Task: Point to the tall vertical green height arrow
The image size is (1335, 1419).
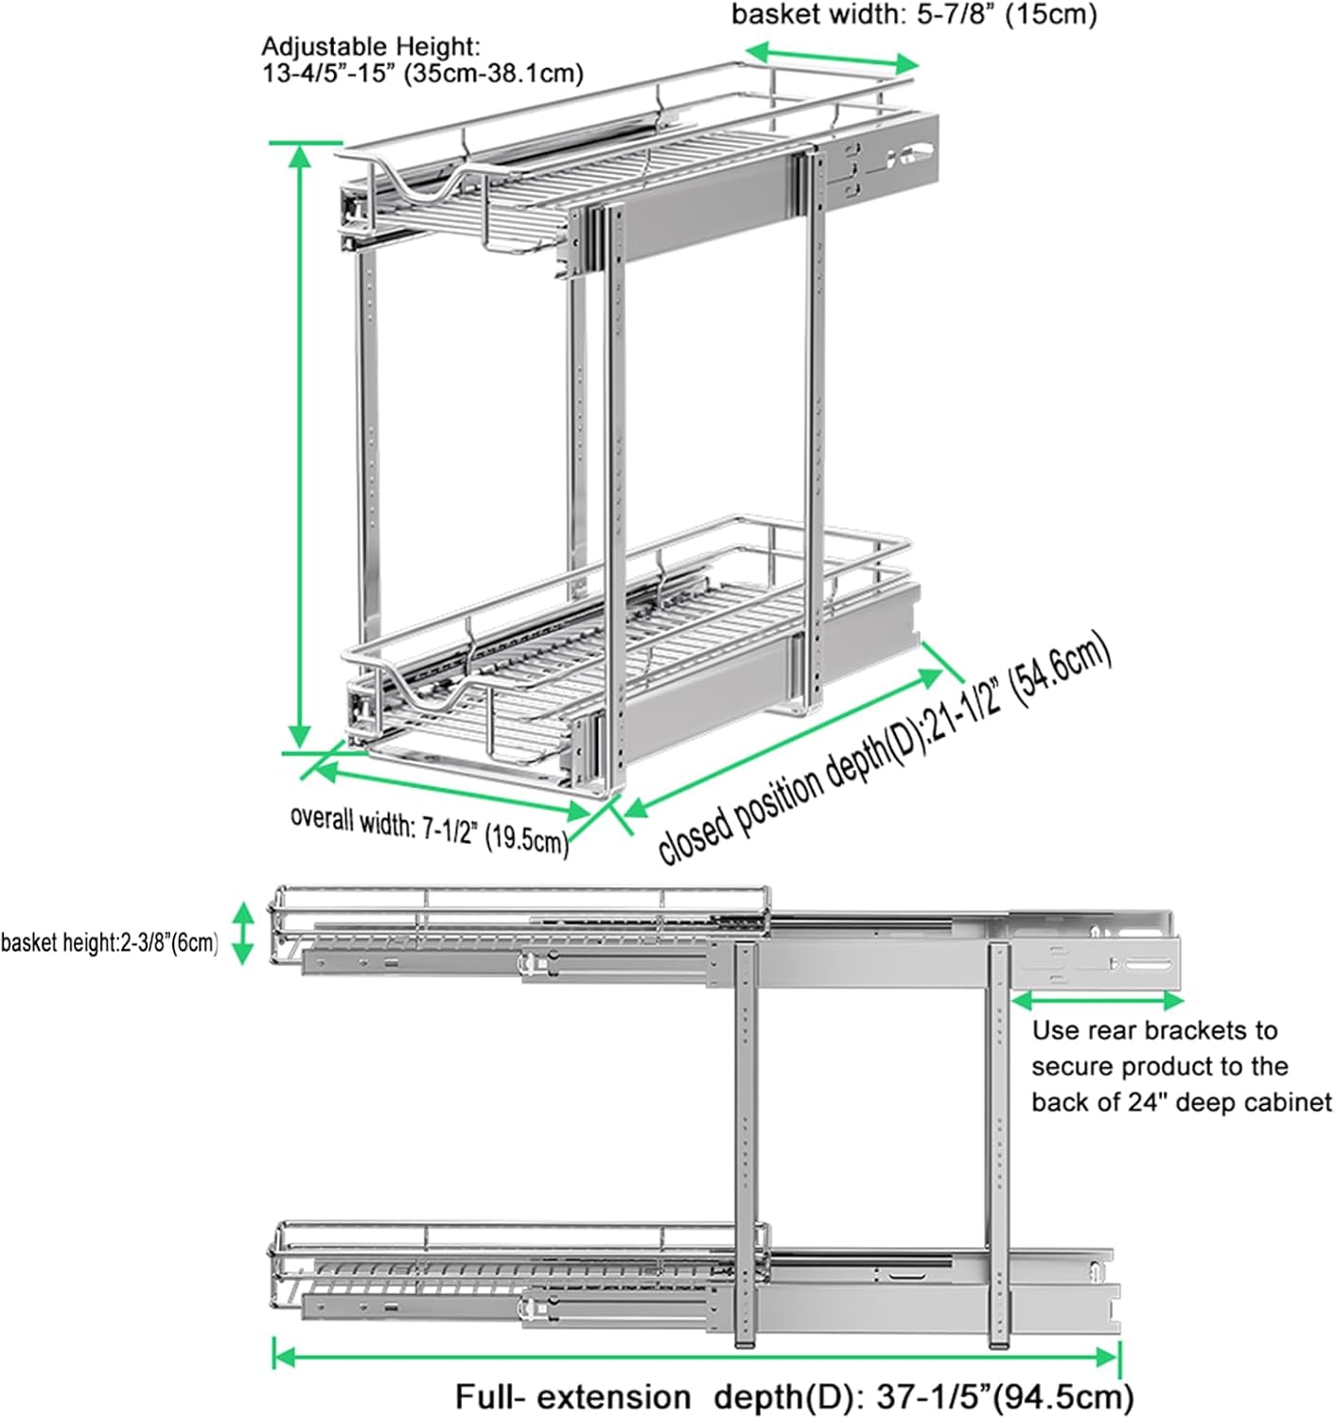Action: [300, 445]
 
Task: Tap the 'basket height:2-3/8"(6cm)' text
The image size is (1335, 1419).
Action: [110, 943]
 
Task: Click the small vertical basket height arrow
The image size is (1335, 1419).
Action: [243, 933]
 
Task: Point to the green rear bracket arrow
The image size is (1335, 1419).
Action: [1098, 999]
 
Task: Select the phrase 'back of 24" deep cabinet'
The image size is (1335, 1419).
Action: [1181, 1102]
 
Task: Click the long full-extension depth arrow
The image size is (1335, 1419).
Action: [695, 1358]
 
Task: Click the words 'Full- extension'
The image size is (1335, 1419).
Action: [573, 1397]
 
